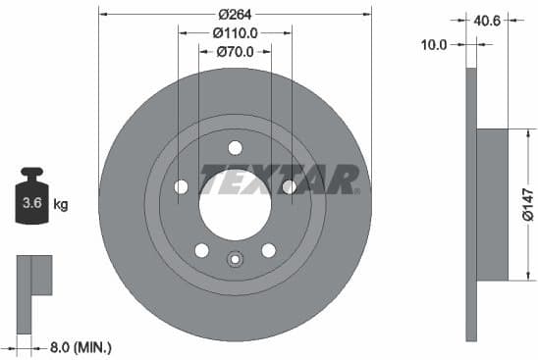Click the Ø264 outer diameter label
pos(235,14)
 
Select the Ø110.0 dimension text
pos(235,32)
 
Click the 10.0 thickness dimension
pos(434,44)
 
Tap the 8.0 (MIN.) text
pos(81,346)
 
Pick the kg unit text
pos(61,205)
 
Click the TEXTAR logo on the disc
pos(281,180)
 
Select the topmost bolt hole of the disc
pos(235,148)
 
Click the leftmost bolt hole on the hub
pos(181,186)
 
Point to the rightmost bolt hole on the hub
pos(289,186)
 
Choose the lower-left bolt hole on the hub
pos(201,250)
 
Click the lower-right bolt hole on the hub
pos(268,250)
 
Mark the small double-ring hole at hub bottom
pos(235,260)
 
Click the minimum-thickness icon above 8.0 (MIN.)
pos(33,276)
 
